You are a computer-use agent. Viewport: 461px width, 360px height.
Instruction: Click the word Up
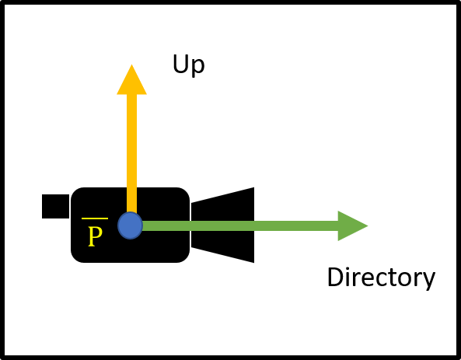coord(188,65)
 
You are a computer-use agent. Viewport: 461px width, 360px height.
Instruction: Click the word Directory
coord(381,278)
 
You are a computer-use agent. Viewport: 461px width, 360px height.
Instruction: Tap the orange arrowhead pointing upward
coord(131,80)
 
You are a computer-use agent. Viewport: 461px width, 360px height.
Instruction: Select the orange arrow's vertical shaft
coord(131,153)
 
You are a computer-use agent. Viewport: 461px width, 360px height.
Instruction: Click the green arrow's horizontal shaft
coord(240,226)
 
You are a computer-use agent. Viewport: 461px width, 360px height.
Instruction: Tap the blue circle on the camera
coord(131,225)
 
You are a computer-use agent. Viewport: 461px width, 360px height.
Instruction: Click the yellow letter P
coord(96,236)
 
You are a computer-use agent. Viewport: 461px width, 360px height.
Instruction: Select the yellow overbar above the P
coord(95,218)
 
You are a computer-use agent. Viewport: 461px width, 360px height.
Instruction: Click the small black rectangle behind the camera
coord(55,206)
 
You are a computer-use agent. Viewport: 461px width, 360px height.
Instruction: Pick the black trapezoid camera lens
coord(222,225)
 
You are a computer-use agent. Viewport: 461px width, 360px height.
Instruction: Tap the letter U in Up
coord(180,64)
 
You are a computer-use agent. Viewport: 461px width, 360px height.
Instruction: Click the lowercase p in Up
coord(198,68)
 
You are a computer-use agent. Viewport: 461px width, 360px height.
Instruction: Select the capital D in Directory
coord(336,277)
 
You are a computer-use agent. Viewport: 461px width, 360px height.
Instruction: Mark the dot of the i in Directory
coord(351,268)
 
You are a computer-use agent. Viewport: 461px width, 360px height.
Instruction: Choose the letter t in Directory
coord(392,278)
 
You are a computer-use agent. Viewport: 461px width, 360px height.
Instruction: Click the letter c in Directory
coord(379,279)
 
